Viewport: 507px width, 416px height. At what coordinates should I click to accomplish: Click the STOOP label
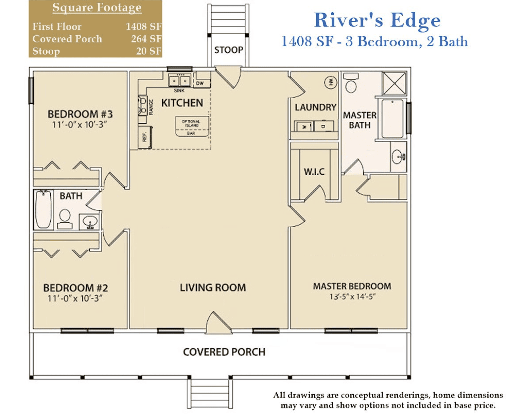[228, 50]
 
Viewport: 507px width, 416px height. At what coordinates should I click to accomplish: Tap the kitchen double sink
[179, 81]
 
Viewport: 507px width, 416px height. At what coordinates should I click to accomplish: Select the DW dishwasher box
[202, 83]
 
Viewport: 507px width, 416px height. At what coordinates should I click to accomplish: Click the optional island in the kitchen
[192, 126]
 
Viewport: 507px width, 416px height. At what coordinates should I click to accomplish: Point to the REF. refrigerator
[145, 137]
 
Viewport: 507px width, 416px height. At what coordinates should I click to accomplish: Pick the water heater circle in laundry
[331, 83]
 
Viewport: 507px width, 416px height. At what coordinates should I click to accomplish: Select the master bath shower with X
[394, 83]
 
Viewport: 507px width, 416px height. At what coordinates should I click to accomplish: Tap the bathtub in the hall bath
[43, 209]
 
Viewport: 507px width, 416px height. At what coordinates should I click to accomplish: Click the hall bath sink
[90, 222]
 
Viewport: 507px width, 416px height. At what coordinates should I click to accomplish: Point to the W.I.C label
[314, 172]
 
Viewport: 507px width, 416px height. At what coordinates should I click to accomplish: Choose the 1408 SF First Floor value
[143, 27]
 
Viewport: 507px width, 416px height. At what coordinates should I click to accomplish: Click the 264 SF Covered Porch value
[146, 39]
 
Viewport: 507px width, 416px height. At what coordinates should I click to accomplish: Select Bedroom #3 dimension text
[79, 124]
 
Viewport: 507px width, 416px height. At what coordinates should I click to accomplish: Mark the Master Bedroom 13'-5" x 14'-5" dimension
[352, 296]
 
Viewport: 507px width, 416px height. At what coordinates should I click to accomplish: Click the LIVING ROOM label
[213, 288]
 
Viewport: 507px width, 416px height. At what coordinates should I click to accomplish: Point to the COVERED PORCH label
[224, 352]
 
